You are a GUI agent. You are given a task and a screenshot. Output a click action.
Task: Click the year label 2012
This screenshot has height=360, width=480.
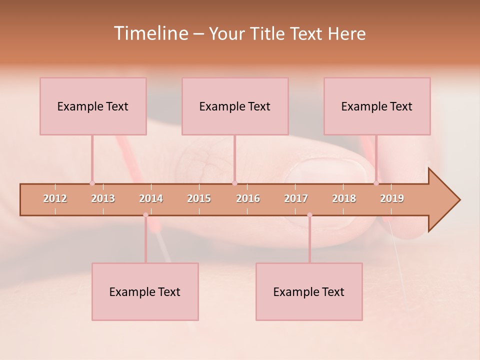click(55, 198)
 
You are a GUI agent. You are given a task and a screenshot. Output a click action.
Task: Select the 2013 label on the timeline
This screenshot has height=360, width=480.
click(103, 198)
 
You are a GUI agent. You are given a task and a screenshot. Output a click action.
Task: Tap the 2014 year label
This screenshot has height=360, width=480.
click(151, 198)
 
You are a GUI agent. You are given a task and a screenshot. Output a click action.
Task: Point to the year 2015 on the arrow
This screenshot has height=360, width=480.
click(199, 198)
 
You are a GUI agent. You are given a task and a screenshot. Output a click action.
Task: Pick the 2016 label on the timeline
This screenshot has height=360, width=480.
click(248, 198)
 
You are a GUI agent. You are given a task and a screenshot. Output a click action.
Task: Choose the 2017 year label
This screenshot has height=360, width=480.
click(296, 198)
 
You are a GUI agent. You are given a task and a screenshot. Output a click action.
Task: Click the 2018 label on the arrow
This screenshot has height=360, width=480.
click(344, 198)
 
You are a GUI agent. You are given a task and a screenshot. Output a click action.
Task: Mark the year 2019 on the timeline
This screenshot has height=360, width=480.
click(392, 198)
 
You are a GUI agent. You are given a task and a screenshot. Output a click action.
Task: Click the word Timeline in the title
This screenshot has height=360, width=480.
click(150, 33)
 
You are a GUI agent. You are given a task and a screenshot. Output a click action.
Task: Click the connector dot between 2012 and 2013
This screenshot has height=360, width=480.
click(92, 183)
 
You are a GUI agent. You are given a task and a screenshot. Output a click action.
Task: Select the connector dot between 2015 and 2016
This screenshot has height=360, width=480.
click(234, 183)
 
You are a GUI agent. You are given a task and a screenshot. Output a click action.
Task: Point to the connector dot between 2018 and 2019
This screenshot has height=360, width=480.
click(376, 183)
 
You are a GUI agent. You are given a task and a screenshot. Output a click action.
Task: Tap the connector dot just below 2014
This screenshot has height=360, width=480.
click(145, 215)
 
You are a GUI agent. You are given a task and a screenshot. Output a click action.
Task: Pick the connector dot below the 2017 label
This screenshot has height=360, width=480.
click(309, 215)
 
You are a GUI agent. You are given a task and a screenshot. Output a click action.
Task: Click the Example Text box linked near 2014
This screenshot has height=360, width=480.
click(145, 291)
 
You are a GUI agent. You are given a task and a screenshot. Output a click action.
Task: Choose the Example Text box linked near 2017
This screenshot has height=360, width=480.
click(309, 291)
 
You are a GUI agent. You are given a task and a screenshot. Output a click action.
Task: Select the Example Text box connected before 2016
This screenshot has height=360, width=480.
click(235, 106)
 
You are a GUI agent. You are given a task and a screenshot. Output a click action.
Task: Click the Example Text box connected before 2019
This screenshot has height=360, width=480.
click(377, 106)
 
